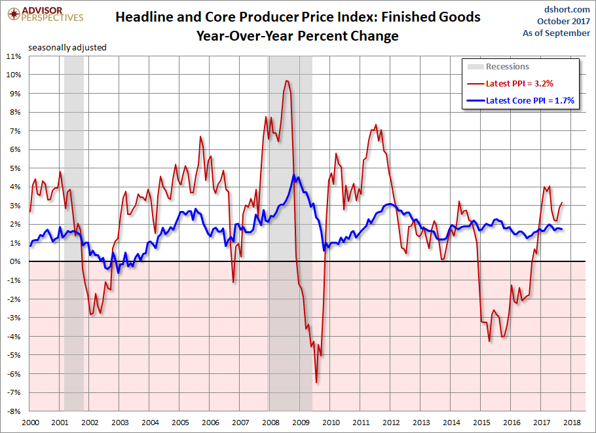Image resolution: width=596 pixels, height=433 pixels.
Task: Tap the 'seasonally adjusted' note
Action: (67, 47)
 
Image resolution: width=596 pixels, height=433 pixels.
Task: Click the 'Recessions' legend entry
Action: (506, 67)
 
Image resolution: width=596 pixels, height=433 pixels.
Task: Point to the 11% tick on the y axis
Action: (14, 56)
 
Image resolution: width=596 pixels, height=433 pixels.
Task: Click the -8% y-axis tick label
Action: (14, 411)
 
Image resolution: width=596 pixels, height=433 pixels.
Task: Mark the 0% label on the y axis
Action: (16, 262)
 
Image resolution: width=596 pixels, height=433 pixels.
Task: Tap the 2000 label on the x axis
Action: (29, 423)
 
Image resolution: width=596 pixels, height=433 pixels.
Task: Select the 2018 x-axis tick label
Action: (571, 423)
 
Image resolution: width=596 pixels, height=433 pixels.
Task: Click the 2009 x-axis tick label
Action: (300, 423)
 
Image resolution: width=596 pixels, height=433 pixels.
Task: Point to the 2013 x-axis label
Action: (420, 423)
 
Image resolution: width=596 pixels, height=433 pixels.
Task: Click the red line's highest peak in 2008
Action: (287, 81)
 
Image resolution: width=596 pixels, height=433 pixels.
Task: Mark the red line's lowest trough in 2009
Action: (316, 383)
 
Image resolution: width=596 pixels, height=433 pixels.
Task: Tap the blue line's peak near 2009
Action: (296, 176)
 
